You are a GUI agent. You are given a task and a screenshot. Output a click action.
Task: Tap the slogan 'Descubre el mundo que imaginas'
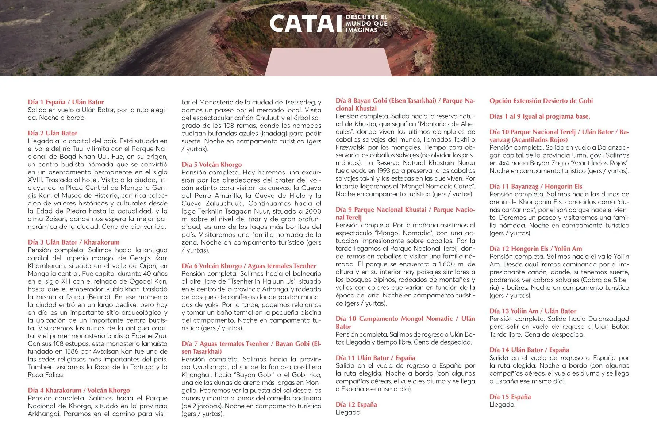[x=366, y=23]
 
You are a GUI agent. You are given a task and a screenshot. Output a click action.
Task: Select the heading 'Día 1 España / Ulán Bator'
[x=66, y=102]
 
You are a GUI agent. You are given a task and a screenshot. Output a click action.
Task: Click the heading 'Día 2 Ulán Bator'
[x=53, y=133]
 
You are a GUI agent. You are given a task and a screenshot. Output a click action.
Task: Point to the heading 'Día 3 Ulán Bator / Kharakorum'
[x=73, y=242]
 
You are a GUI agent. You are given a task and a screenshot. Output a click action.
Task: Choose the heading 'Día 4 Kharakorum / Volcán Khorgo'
[x=79, y=391]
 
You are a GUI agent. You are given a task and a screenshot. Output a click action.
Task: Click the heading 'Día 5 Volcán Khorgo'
[x=212, y=165]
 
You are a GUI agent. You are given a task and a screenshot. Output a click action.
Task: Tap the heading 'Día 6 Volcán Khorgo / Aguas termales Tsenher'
[x=249, y=266]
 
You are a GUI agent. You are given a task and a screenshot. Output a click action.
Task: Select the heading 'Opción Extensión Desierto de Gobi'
[x=541, y=101]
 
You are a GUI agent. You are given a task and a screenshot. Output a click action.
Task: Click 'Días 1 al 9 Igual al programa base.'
[x=540, y=116]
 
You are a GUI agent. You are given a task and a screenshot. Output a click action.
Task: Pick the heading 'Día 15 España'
[x=510, y=397]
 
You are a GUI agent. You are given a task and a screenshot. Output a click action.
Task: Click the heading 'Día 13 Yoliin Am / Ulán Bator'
[x=533, y=311]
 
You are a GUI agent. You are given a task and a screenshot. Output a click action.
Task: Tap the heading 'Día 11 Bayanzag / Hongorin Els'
[x=536, y=187]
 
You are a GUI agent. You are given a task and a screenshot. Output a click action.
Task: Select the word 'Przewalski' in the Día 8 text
[x=352, y=147]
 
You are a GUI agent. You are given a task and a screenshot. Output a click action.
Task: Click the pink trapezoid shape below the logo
[x=328, y=62]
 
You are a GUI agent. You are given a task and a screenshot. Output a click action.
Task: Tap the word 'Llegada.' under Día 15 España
[x=502, y=405]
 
